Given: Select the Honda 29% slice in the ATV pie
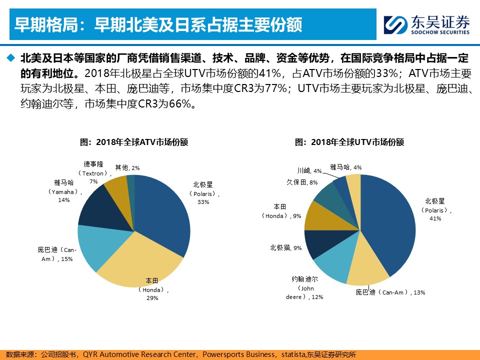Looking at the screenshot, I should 140,262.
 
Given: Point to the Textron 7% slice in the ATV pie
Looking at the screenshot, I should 117,186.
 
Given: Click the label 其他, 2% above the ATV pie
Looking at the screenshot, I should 127,168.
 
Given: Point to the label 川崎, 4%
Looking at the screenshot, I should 309,171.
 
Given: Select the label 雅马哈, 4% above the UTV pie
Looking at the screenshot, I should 345,167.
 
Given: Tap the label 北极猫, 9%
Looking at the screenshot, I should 285,247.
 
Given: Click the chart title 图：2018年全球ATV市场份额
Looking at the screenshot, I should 134,142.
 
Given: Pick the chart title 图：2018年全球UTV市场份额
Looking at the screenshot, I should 349,142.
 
